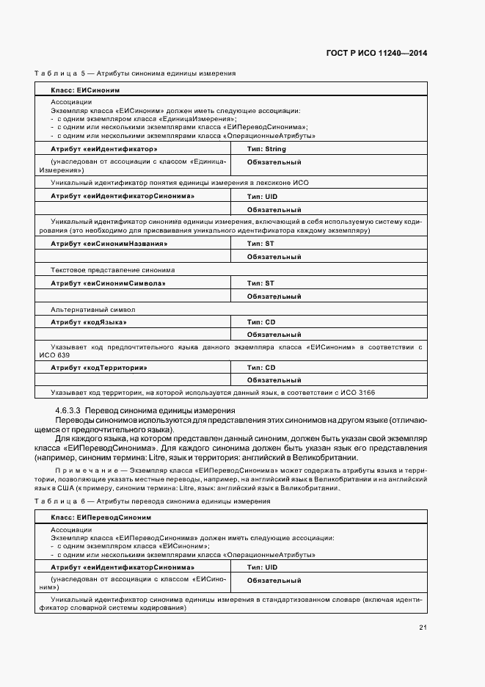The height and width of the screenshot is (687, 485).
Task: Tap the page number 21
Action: (423, 626)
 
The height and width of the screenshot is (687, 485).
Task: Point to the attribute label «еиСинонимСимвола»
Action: (108, 283)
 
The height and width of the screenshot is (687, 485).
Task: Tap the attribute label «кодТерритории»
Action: (99, 367)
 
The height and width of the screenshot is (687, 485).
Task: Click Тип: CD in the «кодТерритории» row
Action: (260, 367)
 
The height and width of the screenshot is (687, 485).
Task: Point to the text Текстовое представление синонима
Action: (112, 269)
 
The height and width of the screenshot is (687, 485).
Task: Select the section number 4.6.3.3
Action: (69, 410)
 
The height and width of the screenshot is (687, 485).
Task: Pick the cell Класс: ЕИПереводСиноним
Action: (101, 517)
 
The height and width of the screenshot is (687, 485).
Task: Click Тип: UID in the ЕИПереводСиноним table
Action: (262, 567)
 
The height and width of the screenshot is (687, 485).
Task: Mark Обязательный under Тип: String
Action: (274, 162)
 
